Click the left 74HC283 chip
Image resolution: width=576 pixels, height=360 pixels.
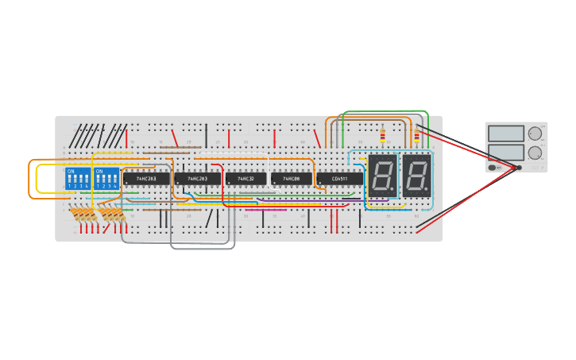click(145, 179)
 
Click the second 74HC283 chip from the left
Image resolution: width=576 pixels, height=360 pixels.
click(197, 179)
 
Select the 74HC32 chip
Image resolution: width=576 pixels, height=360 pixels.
click(245, 179)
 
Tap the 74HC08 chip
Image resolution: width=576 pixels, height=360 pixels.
click(292, 179)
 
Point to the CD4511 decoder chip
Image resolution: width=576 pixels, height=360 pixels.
click(339, 179)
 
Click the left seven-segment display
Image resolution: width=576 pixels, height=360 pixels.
click(382, 176)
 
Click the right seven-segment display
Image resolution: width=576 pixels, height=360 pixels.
click(416, 176)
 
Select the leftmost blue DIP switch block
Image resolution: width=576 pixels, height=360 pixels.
click(78, 178)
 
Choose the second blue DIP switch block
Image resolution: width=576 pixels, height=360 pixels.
click(106, 178)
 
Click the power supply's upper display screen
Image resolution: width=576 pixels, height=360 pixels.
click(506, 134)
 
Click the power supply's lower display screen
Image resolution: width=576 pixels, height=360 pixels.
click(506, 152)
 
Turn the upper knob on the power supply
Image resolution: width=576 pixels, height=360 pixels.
click(535, 134)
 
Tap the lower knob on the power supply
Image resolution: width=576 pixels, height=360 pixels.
click(535, 153)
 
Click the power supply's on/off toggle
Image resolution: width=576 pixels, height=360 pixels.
click(493, 168)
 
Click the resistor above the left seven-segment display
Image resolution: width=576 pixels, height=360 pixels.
click(382, 136)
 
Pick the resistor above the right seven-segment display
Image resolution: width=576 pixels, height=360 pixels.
click(416, 136)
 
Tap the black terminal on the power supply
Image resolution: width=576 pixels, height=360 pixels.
click(520, 168)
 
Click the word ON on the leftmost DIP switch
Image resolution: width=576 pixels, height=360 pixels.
click(71, 171)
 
